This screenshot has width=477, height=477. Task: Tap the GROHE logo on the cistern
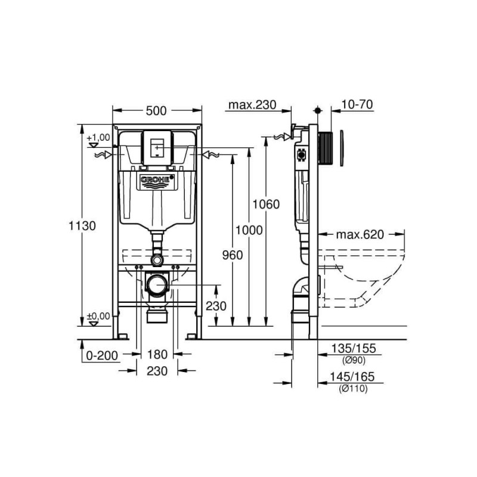[157, 181]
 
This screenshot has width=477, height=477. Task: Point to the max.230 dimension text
[252, 105]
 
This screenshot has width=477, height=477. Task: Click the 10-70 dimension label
[357, 105]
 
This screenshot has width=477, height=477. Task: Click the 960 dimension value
[233, 255]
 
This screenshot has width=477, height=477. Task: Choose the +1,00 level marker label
[98, 138]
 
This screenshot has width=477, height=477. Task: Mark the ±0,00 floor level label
[98, 317]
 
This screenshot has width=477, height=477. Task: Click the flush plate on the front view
[157, 147]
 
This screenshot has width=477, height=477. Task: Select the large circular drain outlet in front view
[157, 284]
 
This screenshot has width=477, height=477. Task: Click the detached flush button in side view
[342, 147]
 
